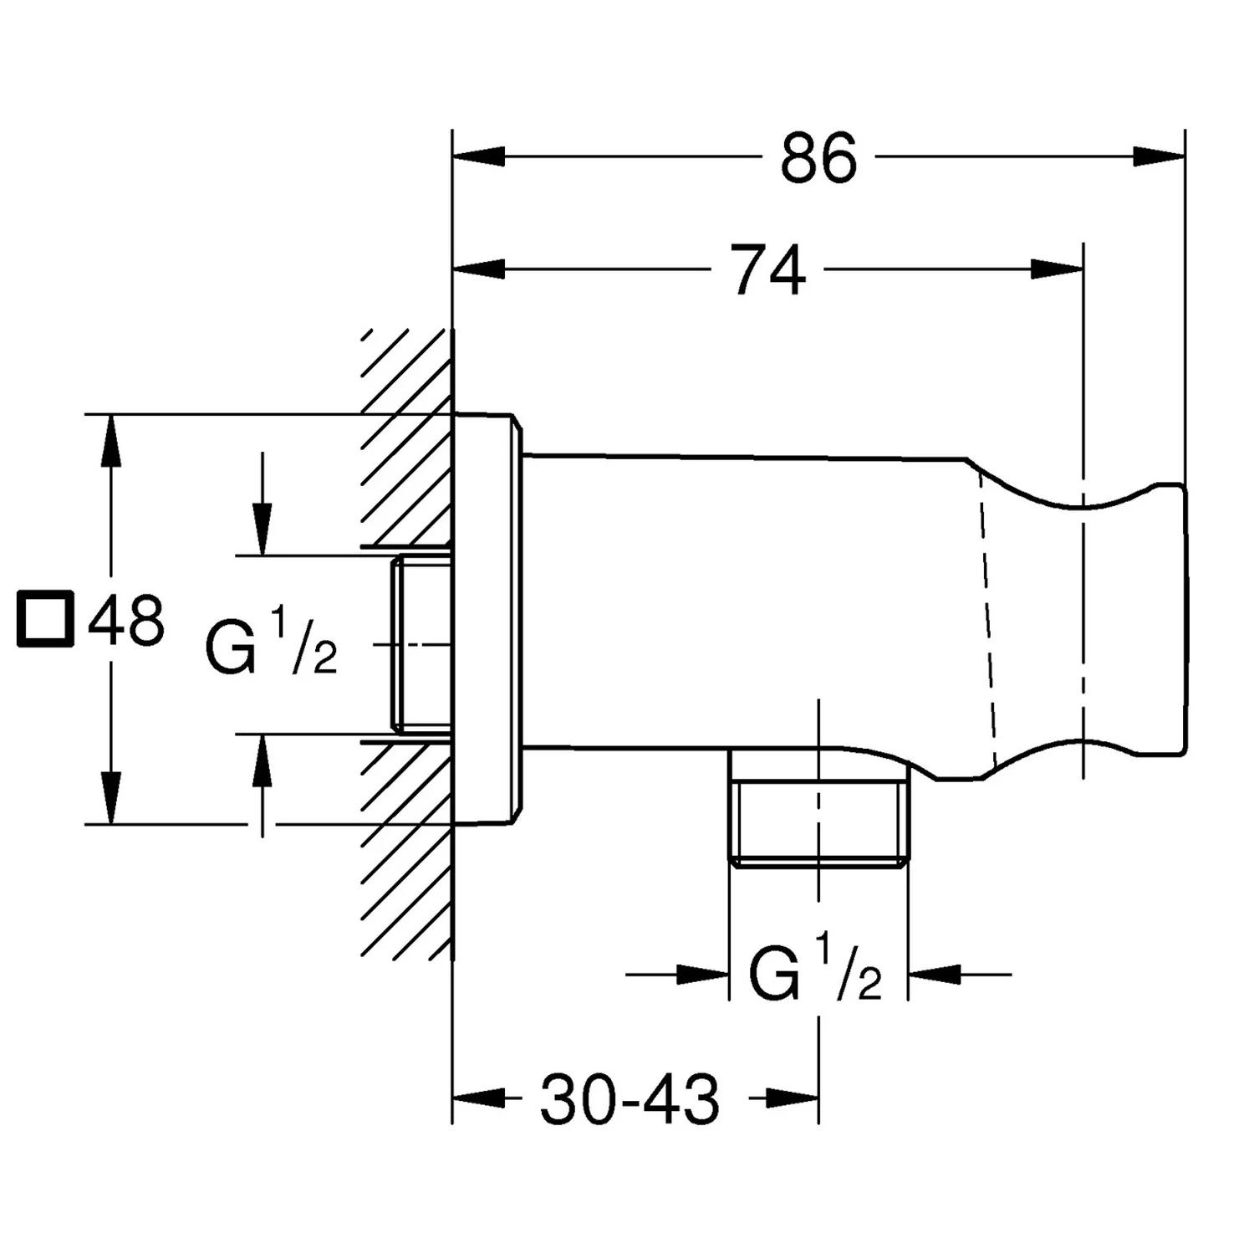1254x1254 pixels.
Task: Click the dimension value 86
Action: tap(818, 158)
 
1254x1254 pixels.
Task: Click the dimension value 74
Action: tap(769, 269)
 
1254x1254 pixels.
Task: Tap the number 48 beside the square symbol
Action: tap(126, 620)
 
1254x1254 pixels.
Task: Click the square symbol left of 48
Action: tap(46, 620)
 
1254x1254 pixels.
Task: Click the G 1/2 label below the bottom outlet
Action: tap(815, 970)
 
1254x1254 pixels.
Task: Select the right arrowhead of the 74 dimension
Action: tap(1058, 269)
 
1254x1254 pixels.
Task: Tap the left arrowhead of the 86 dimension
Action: tap(479, 156)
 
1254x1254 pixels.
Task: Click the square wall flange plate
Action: tap(487, 619)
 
